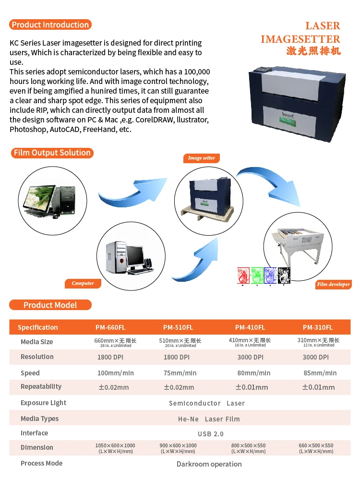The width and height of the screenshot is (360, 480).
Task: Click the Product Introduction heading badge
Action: tap(50, 25)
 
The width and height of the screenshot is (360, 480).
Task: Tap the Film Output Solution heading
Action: tap(52, 153)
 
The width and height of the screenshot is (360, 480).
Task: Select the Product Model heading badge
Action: tap(50, 305)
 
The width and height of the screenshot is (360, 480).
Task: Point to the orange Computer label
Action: tap(83, 284)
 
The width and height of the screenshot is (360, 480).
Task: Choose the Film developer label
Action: tap(333, 285)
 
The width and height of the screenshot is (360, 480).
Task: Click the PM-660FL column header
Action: tap(110, 327)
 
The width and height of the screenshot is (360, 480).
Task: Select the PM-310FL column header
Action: tap(317, 327)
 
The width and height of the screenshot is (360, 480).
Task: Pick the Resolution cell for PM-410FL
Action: tap(250, 357)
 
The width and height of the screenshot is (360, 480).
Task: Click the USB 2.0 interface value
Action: tap(211, 434)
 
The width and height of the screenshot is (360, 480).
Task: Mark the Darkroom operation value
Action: tap(209, 464)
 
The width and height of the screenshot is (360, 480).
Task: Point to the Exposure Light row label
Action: tap(43, 403)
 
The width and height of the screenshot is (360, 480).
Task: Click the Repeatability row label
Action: tap(41, 387)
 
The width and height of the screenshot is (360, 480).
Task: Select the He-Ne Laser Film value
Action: tap(209, 419)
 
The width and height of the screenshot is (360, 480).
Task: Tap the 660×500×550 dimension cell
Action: tap(316, 448)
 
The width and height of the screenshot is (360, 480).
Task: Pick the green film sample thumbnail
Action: tap(257, 275)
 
